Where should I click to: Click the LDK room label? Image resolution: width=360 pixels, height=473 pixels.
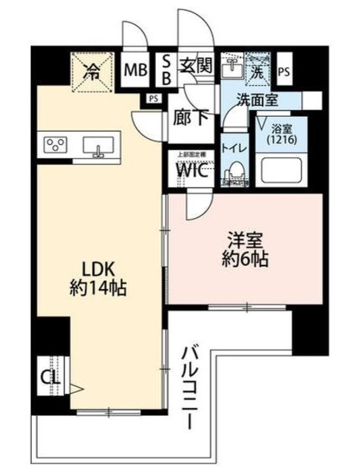tap(98, 268)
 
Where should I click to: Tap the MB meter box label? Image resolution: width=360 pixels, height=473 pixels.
tap(134, 71)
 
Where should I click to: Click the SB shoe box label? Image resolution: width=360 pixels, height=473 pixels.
tap(166, 71)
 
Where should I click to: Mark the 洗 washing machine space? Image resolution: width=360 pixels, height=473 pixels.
tap(258, 71)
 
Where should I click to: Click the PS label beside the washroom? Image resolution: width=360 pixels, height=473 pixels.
tap(285, 71)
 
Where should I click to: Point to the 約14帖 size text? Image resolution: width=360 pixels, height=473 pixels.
tap(98, 287)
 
